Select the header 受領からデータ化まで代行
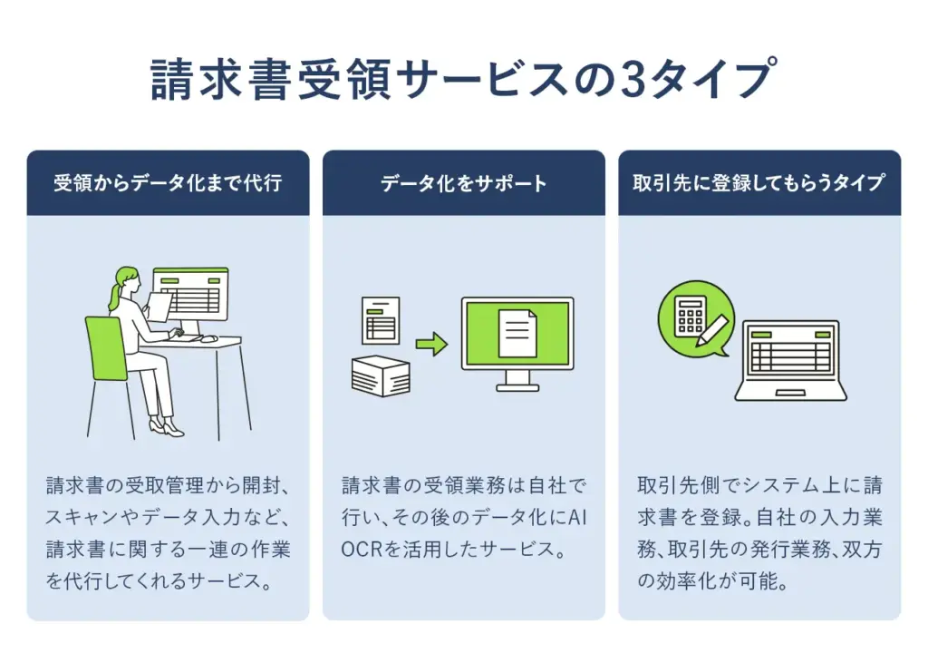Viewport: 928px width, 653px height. click(x=168, y=183)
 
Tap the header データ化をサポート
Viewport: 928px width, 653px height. click(x=463, y=183)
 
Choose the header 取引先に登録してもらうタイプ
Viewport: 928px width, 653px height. click(x=759, y=183)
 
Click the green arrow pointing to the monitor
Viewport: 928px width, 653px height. click(x=431, y=344)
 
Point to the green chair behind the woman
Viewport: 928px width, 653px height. click(x=105, y=349)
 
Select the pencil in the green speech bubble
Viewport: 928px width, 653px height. click(x=711, y=329)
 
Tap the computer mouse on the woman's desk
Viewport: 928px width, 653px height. click(x=208, y=338)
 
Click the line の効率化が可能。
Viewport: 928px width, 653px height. click(x=712, y=581)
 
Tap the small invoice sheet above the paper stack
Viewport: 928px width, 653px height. click(x=381, y=320)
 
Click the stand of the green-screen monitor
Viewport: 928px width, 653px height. click(x=517, y=381)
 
